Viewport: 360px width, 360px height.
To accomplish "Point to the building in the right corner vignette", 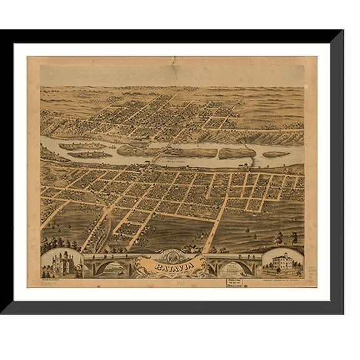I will click(282, 262).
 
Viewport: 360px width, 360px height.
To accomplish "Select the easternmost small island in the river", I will click(276, 154).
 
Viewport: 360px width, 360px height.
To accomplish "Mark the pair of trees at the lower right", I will click(285, 238).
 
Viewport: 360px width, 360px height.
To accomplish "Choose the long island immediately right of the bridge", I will click(191, 152).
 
